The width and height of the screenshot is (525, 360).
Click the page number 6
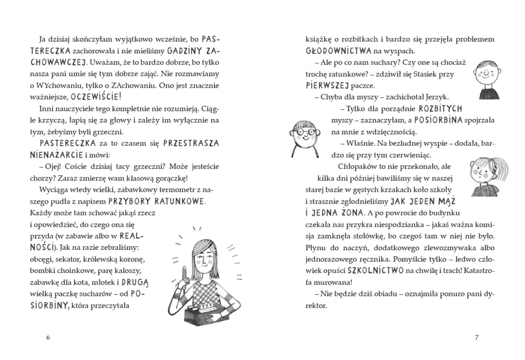[48, 337]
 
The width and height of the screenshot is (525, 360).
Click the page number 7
[477, 337]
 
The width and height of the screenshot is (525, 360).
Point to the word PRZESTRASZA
[191, 143]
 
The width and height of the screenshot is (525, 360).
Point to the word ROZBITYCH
[440, 109]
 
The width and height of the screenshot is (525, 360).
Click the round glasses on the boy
[306, 132]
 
